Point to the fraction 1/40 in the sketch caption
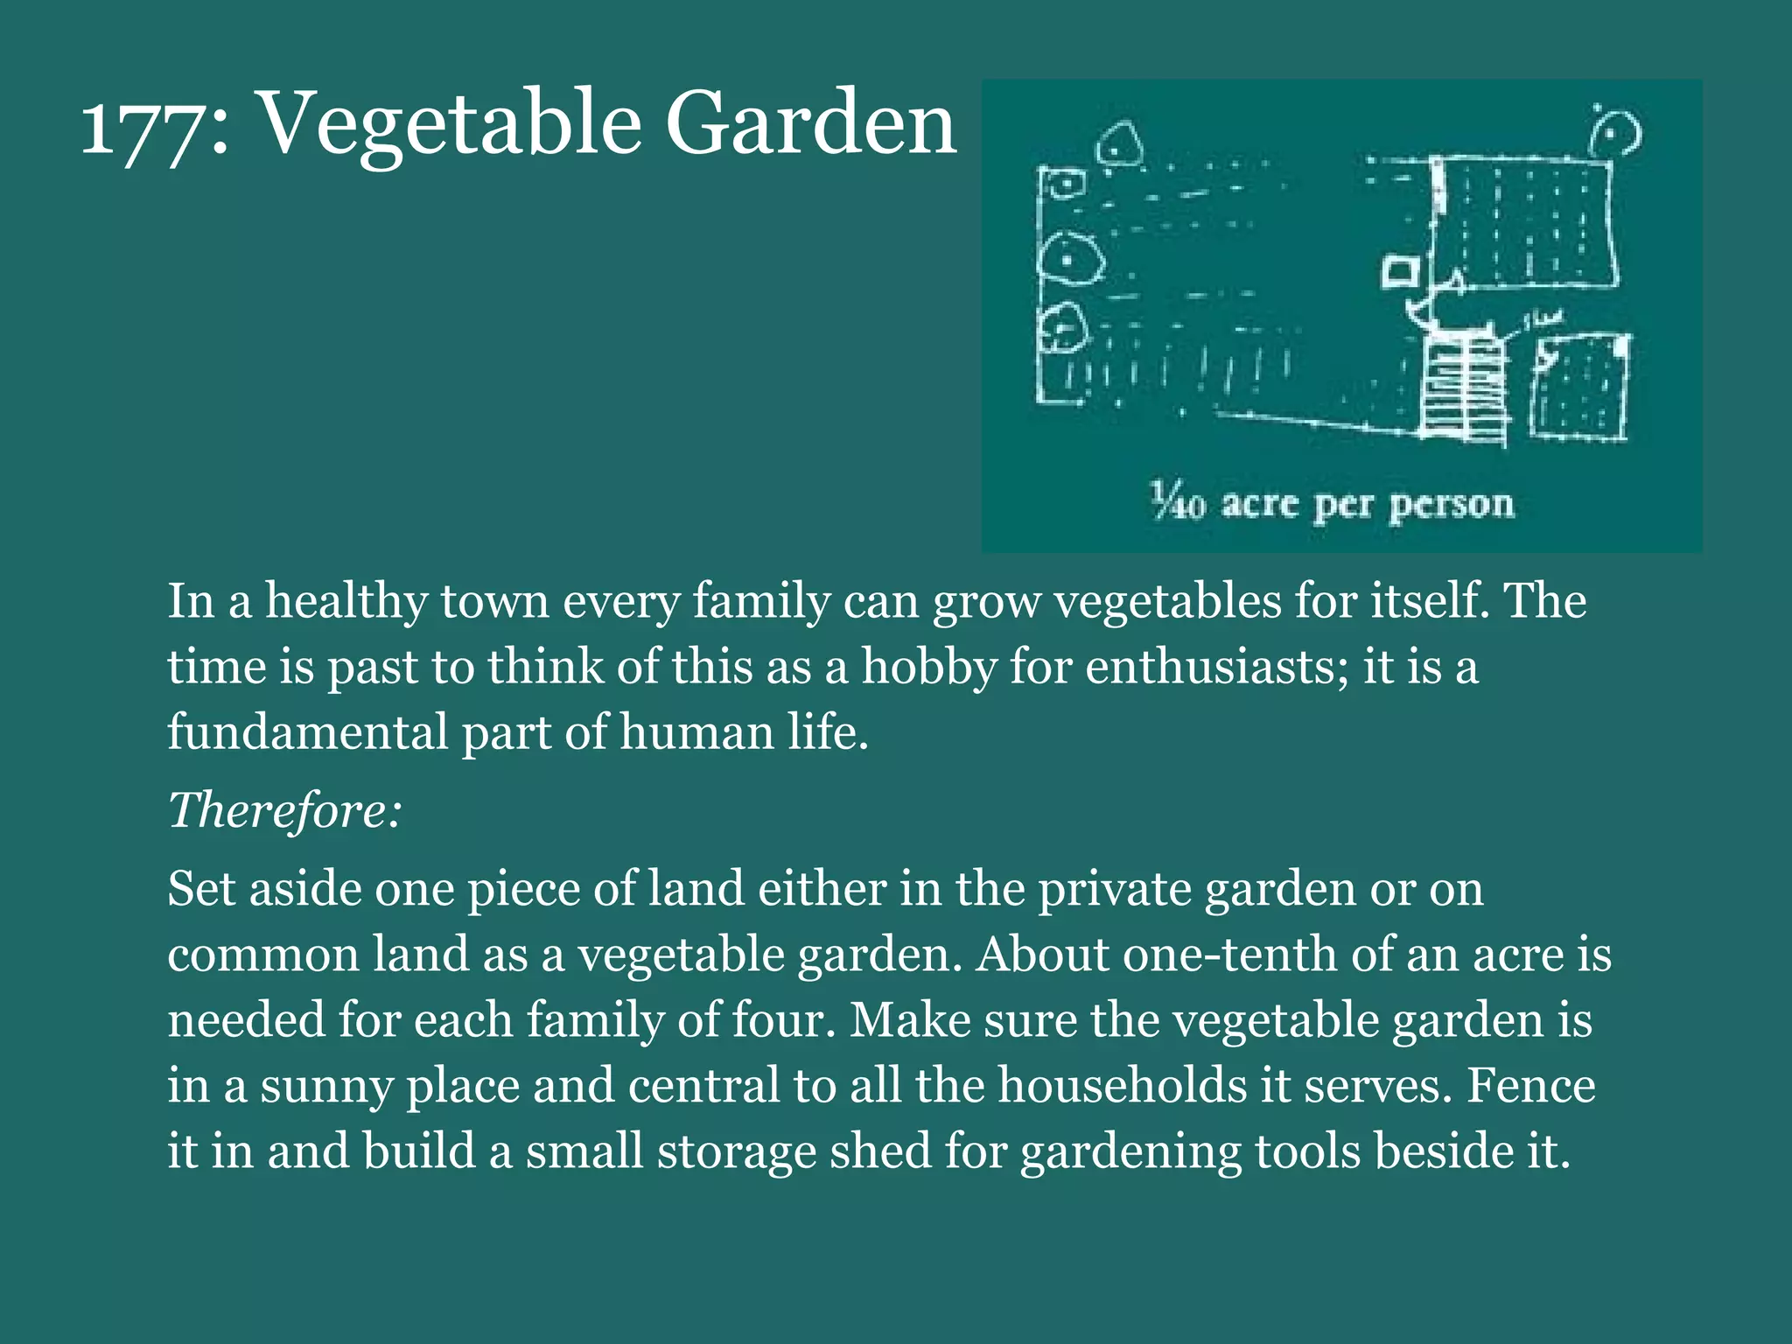pyautogui.click(x=1177, y=502)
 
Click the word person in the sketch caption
pyautogui.click(x=1451, y=505)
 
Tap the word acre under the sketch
pyautogui.click(x=1259, y=505)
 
